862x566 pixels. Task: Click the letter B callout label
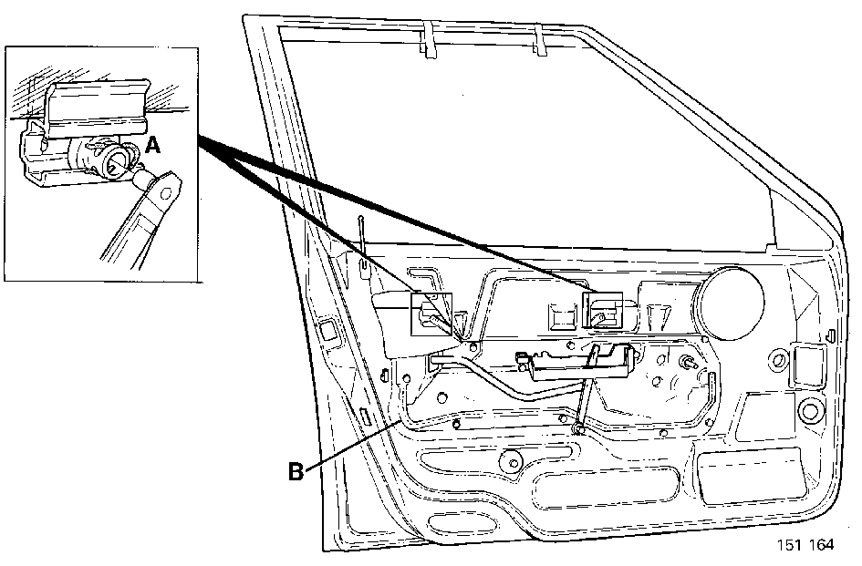coord(296,471)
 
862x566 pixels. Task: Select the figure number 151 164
coord(805,544)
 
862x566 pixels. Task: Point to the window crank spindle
coord(688,362)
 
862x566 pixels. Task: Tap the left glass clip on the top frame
coord(428,39)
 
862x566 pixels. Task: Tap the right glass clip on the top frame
coord(539,39)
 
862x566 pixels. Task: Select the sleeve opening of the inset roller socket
coord(117,163)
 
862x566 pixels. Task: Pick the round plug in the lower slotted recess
coord(513,460)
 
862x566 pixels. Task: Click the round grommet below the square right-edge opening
coord(809,410)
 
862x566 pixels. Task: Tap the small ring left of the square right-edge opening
coord(778,360)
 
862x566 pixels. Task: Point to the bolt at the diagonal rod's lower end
coord(576,427)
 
